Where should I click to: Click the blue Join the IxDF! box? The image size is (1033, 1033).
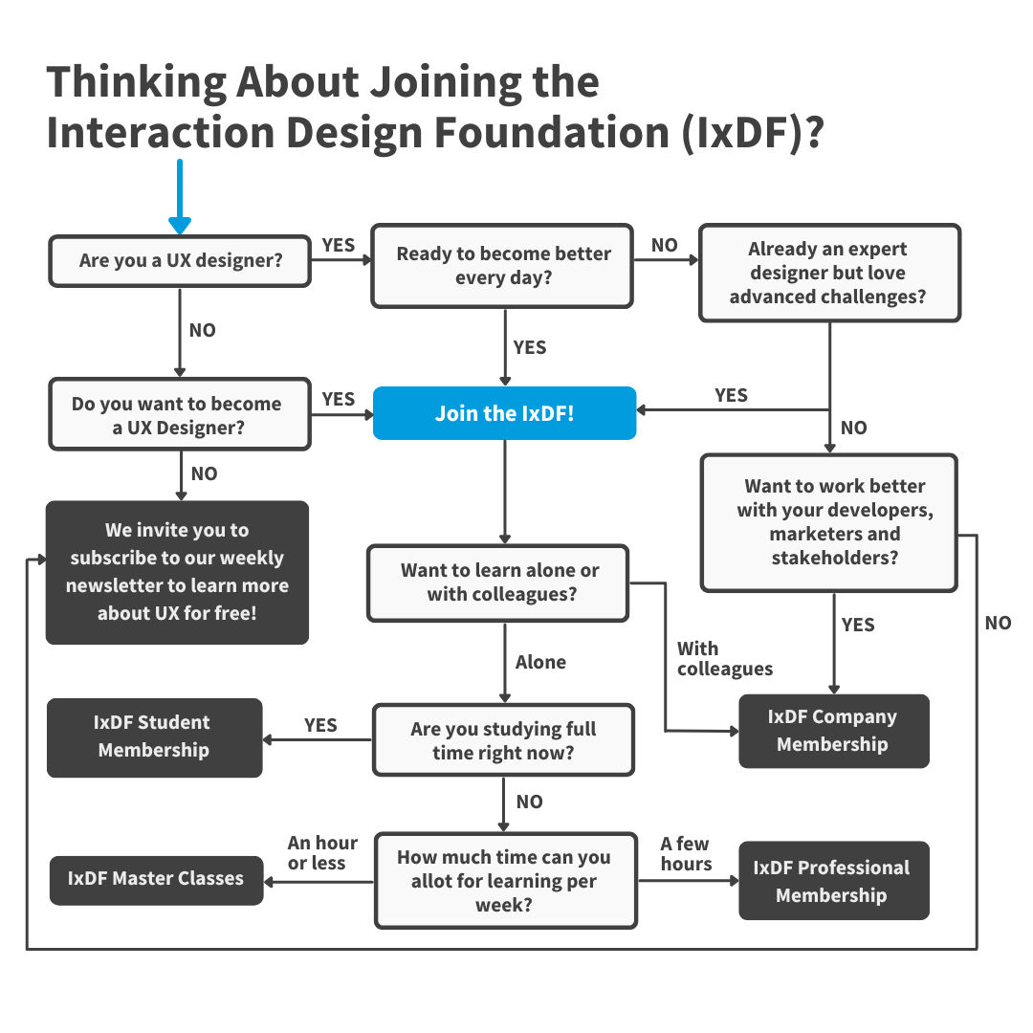pos(504,413)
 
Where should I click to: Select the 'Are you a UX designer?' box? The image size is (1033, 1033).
pos(180,260)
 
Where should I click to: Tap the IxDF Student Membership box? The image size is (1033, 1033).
pos(154,736)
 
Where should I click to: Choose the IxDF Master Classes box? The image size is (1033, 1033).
pos(156,879)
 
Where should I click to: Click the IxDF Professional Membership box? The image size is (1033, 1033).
pos(833,881)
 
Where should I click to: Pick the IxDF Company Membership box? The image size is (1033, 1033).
pos(833,731)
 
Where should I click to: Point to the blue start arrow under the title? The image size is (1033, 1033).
pos(180,197)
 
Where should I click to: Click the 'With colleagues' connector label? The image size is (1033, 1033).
pos(724,659)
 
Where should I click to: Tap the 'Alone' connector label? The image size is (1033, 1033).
pos(540,662)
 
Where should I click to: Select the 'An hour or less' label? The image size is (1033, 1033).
pos(322,852)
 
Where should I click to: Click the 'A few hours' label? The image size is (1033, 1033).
pos(686,853)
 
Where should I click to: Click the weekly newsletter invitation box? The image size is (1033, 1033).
pos(178,572)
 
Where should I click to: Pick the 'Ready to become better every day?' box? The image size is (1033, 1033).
pos(502,266)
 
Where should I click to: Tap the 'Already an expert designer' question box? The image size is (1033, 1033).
pos(829,273)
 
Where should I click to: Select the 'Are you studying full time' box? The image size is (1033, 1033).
pos(503,740)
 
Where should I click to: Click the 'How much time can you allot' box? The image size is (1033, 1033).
pos(505,880)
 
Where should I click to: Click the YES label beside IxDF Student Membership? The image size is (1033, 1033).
pos(320,725)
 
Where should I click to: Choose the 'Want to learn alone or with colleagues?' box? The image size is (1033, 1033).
pos(498,582)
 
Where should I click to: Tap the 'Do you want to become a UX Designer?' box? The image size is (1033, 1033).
pos(180,416)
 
